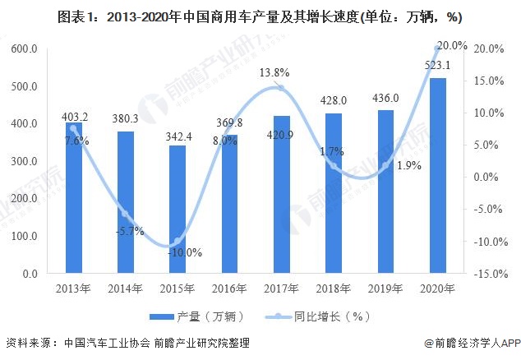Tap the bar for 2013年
click(x=74, y=197)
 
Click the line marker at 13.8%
click(x=282, y=88)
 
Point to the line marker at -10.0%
click(x=178, y=241)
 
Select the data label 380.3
click(x=126, y=118)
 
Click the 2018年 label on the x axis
click(x=334, y=288)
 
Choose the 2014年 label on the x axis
click(x=126, y=288)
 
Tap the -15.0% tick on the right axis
click(x=490, y=274)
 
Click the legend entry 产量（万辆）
click(x=191, y=316)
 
